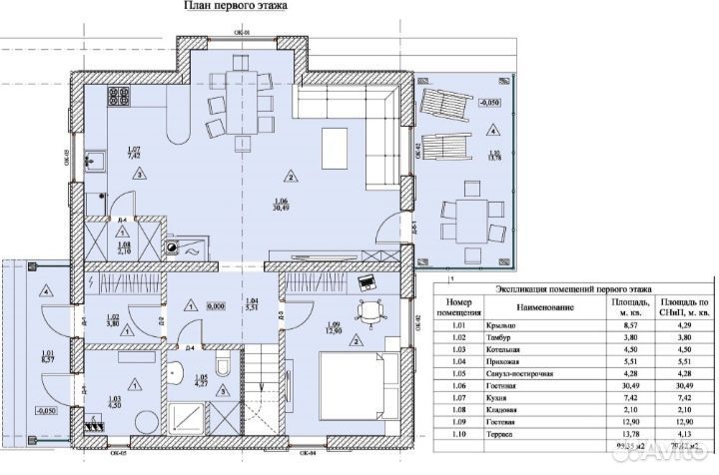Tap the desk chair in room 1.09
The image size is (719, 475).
374,310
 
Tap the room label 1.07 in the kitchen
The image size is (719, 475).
134,153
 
